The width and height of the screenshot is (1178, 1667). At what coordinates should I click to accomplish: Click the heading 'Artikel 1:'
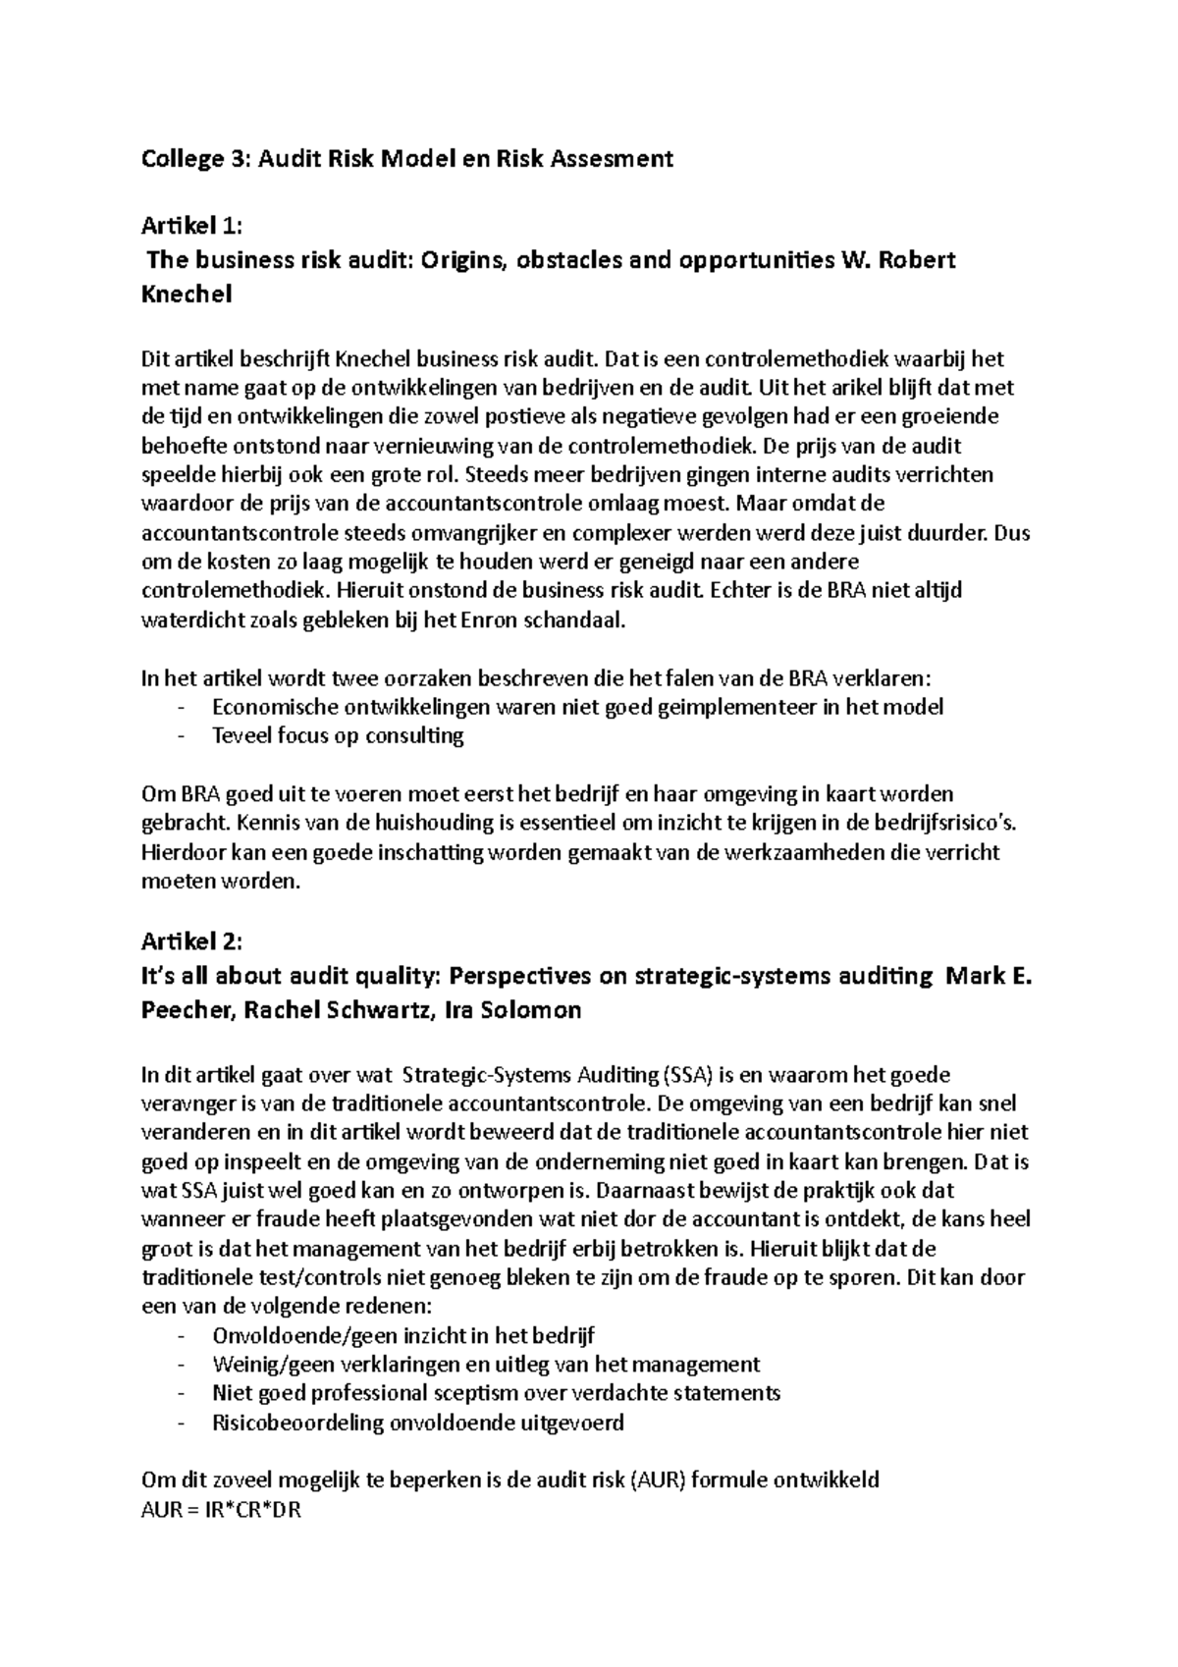click(190, 227)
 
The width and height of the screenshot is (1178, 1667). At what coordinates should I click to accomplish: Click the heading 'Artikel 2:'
click(190, 942)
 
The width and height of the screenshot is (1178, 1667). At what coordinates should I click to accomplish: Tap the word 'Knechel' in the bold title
click(187, 295)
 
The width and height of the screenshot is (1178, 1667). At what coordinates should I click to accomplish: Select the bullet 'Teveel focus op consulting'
click(338, 735)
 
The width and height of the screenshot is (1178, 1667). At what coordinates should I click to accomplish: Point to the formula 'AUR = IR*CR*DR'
click(221, 1511)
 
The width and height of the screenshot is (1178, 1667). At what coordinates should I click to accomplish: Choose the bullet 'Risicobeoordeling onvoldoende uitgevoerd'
click(417, 1423)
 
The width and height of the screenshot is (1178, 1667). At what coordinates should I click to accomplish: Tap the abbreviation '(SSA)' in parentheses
click(693, 1075)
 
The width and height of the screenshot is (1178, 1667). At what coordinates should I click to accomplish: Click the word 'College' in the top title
click(183, 159)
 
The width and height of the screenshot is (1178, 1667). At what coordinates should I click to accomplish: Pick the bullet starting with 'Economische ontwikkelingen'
click(577, 707)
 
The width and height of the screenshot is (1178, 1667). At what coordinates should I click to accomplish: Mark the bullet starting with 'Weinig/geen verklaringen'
click(486, 1365)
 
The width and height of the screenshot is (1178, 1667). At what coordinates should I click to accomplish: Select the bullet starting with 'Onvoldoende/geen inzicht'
click(402, 1336)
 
